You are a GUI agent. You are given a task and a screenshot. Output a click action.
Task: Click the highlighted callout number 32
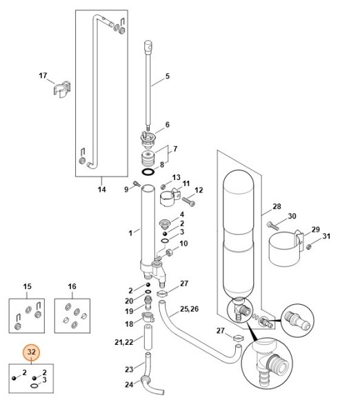[x=31, y=352]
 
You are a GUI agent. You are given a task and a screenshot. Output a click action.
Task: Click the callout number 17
[x=43, y=75]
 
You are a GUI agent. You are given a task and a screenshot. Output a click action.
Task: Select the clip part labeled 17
[x=63, y=90]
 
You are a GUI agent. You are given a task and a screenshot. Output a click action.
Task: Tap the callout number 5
[x=167, y=74]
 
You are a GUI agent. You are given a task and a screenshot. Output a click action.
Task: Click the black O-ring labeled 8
[x=148, y=170]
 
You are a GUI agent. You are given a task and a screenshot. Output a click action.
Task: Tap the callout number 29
[x=316, y=229]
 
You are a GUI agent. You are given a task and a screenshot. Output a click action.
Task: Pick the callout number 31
[x=327, y=237]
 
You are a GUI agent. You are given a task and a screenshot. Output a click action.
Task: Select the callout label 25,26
[x=189, y=308]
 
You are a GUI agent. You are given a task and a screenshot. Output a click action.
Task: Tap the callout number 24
[x=129, y=384]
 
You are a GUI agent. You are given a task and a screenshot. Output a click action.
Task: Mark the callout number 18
[x=129, y=323]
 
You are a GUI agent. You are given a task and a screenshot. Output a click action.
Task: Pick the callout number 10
[x=183, y=243]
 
